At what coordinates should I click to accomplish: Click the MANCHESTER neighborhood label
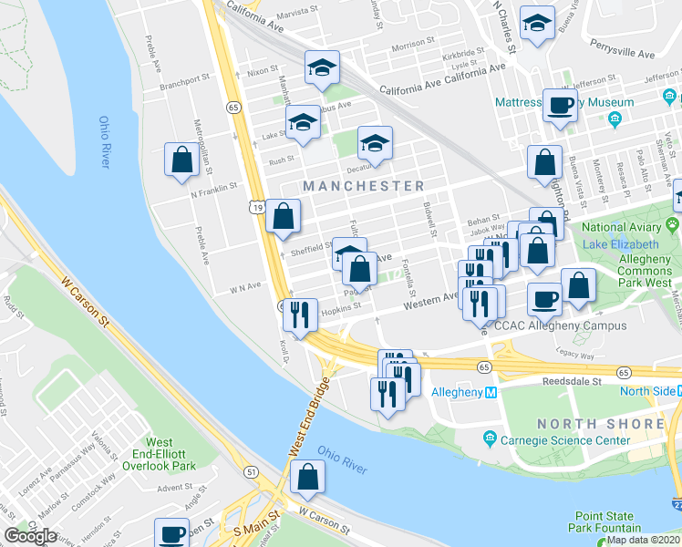(364, 186)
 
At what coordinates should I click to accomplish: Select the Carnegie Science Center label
(557, 440)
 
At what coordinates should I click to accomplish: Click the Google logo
(30, 536)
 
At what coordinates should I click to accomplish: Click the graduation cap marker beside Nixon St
(321, 69)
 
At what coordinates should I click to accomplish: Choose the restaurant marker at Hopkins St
(300, 314)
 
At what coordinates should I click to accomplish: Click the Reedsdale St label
(572, 382)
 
